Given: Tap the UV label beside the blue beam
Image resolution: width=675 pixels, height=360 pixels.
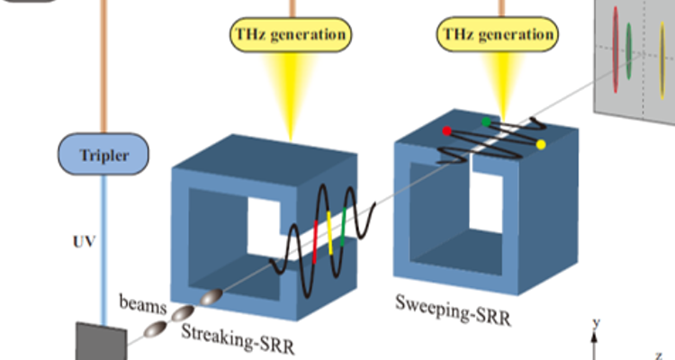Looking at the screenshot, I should click(82, 242).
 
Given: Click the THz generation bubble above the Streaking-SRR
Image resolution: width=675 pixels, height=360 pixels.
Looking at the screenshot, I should click(291, 35).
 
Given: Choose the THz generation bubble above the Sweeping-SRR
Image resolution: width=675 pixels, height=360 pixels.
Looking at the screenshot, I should click(496, 35).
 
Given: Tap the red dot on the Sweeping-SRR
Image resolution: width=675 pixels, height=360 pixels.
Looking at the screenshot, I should click(446, 131).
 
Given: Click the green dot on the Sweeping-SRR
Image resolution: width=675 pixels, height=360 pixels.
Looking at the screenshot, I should click(487, 121).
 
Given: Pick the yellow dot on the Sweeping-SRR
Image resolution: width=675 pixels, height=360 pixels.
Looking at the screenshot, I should click(541, 144).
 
